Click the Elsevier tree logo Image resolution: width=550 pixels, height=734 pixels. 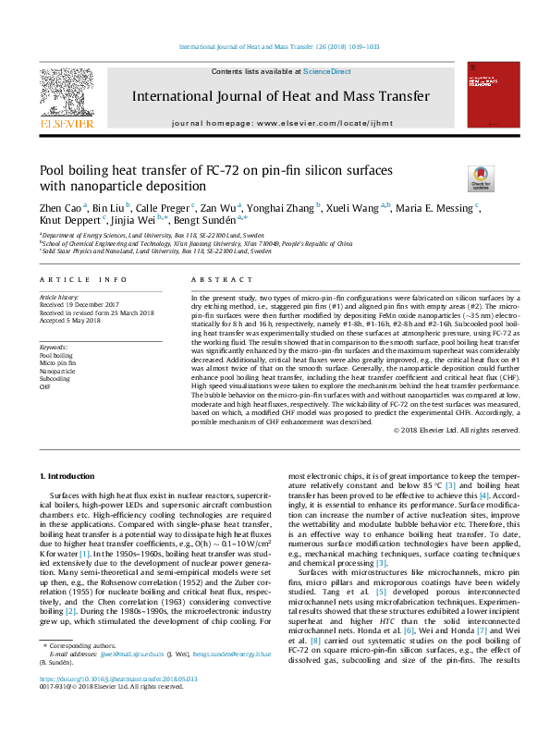66,92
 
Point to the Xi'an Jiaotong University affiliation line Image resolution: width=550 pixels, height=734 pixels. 196,243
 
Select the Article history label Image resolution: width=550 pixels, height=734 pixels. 58,298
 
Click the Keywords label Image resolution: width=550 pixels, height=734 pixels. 54,346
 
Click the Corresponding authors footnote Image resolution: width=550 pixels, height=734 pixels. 79,667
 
